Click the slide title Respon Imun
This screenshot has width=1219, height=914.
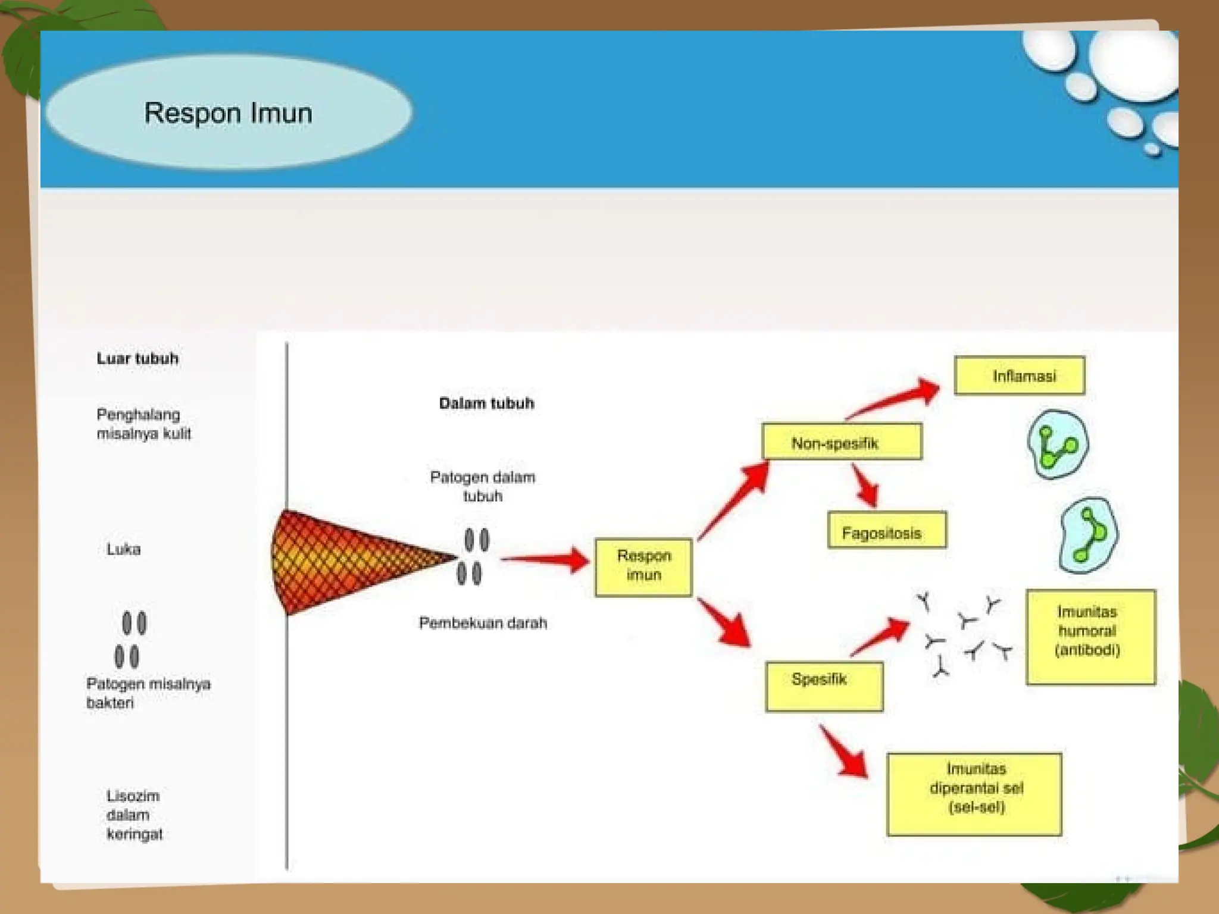(x=228, y=113)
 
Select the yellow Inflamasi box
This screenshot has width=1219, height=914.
(x=1019, y=375)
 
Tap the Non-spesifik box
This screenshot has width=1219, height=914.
(x=841, y=442)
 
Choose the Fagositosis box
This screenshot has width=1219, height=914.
(x=886, y=530)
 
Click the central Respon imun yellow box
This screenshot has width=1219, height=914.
(x=643, y=566)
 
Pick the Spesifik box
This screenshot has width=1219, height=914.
(x=824, y=686)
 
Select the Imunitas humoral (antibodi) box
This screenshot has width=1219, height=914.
(x=1090, y=637)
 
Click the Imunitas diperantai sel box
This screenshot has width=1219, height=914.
(x=974, y=794)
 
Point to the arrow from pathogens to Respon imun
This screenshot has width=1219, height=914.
(x=545, y=559)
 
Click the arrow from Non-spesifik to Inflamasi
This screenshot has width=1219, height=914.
(x=893, y=400)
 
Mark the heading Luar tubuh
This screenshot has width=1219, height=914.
(x=137, y=358)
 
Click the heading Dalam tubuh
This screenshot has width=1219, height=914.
(x=486, y=403)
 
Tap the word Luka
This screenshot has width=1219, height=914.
(x=124, y=549)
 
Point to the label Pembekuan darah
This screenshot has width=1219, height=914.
(x=483, y=623)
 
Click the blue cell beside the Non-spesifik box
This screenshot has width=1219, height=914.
(x=1057, y=444)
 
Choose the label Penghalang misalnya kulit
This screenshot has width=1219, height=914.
(x=143, y=424)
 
